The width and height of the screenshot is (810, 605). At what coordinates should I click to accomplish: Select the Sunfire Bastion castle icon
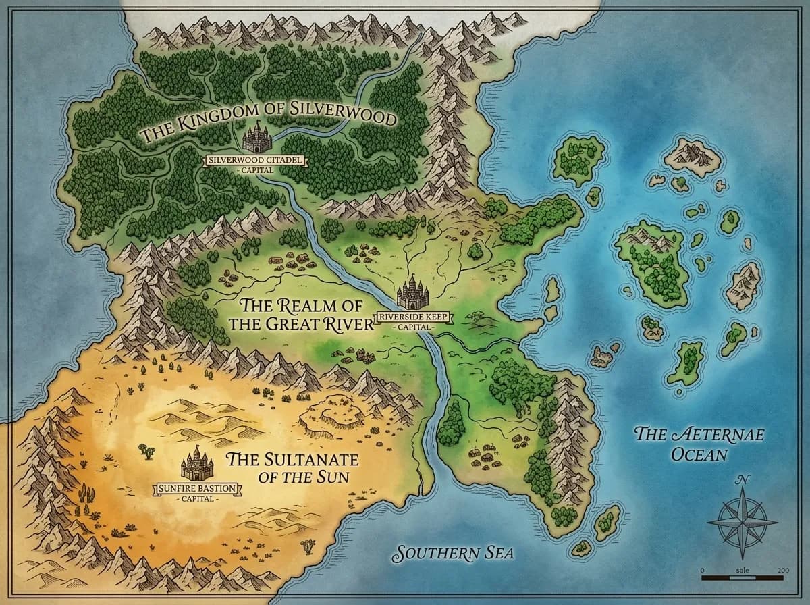(x=197, y=464)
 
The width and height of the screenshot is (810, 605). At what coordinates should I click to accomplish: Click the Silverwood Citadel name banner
(x=256, y=160)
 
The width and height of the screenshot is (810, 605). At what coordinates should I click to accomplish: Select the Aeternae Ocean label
(x=699, y=444)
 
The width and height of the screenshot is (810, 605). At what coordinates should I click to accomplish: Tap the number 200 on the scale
(x=782, y=571)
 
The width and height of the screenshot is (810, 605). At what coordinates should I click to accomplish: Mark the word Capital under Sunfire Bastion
(x=197, y=499)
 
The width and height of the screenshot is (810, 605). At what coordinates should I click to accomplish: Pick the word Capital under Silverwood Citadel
(x=256, y=170)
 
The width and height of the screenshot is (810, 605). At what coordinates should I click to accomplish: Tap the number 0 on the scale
(x=703, y=571)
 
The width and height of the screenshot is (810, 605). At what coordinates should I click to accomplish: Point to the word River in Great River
(x=345, y=323)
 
